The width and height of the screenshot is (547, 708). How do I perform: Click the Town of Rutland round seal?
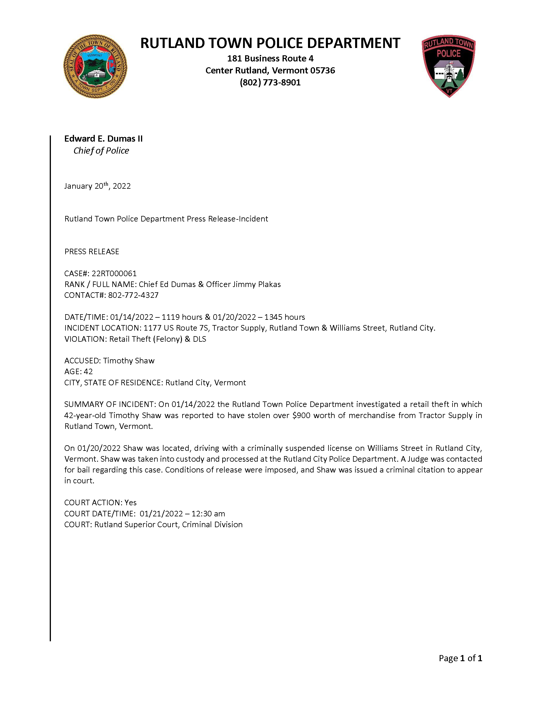pos(95,66)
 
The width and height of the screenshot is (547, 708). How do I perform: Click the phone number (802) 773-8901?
pos(270,83)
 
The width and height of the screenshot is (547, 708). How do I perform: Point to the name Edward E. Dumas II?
pos(103,139)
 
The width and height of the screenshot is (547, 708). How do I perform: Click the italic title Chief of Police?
pos(101,151)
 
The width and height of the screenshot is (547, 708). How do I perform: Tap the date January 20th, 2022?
pos(97,186)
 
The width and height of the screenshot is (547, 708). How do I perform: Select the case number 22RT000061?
pos(114,273)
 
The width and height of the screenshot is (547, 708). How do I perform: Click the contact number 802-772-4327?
pos(133,295)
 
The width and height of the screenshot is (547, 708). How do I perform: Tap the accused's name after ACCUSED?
pos(129,361)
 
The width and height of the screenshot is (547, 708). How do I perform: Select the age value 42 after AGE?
pos(88,372)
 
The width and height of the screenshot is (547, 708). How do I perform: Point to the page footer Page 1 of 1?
pos(460,658)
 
